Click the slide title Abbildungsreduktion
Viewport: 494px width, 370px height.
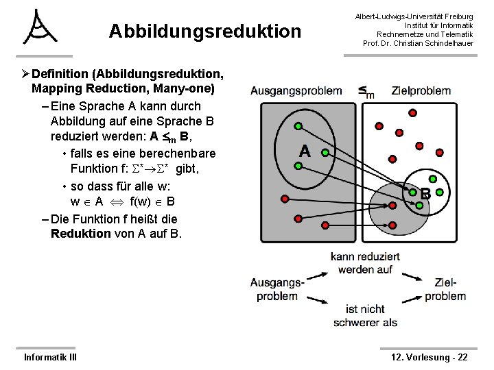pos(204,32)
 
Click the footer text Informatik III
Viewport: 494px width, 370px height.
pos(49,357)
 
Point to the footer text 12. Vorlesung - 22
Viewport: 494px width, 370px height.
pos(429,357)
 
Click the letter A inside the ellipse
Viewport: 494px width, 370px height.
pos(305,152)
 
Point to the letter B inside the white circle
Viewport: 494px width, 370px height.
pos(425,194)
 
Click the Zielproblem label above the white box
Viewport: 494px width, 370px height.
pos(421,90)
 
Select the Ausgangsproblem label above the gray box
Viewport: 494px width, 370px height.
pos(296,90)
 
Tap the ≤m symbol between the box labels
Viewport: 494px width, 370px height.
pos(366,90)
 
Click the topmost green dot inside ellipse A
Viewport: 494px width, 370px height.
pos(298,127)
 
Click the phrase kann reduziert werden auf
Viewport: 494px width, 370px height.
pos(362,263)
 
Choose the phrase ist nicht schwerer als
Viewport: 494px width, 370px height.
pos(365,315)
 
